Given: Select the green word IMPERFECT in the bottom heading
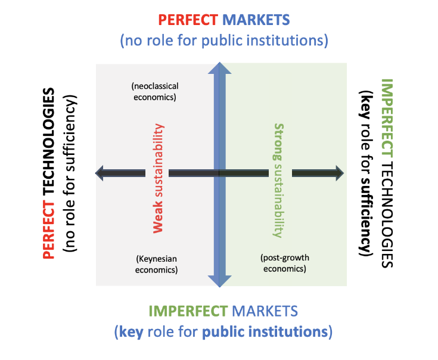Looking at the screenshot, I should (x=188, y=311).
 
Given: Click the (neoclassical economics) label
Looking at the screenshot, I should (x=155, y=91).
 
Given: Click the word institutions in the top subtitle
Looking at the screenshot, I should (x=288, y=41).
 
